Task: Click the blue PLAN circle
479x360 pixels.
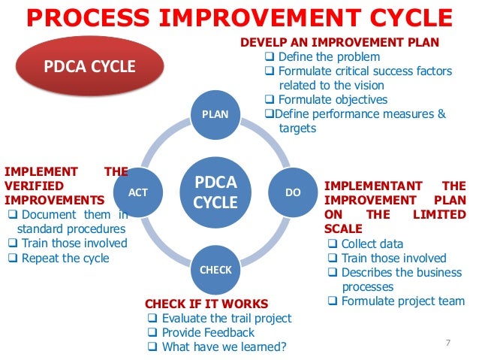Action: pos(215,115)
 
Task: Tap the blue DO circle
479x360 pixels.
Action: pos(293,192)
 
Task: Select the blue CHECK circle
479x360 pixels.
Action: pos(215,269)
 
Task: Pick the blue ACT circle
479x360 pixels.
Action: pos(138,192)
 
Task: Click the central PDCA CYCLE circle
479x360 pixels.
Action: pos(215,192)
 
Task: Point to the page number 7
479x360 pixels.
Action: pos(448,343)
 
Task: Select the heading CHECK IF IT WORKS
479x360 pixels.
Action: pos(206,304)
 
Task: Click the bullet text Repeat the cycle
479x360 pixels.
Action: pos(65,258)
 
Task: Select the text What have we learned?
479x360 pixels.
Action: pos(224,346)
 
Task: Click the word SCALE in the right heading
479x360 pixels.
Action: pos(343,228)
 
